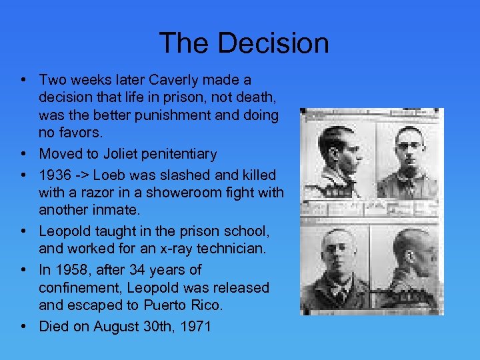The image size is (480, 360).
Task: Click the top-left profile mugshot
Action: coord(338,159)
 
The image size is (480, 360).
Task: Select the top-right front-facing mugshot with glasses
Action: coord(407,161)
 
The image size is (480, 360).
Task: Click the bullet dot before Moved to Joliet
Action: coord(23,154)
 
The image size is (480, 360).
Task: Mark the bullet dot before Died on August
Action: coord(23,327)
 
